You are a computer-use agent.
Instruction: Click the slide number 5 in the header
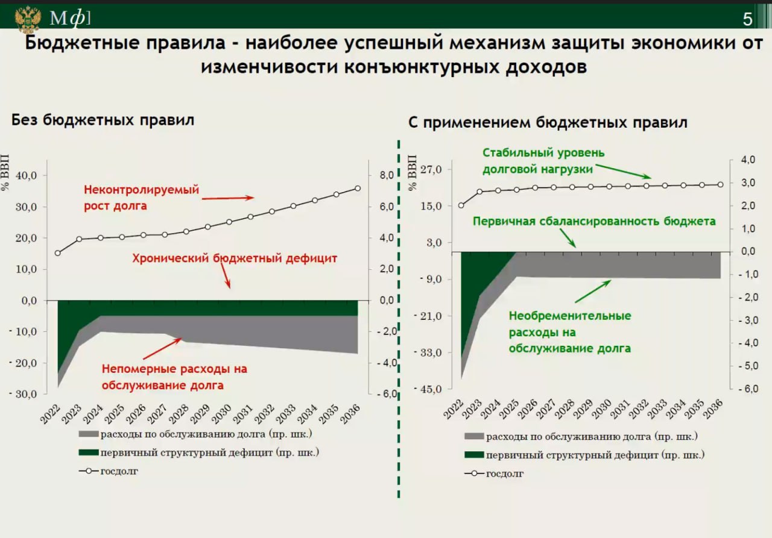click(747, 19)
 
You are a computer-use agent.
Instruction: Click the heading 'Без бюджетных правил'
click(103, 120)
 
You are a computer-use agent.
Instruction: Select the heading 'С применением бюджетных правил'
click(548, 122)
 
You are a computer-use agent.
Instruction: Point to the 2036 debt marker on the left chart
click(358, 189)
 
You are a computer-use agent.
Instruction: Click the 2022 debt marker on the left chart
click(57, 253)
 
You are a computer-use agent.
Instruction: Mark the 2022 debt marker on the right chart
click(461, 205)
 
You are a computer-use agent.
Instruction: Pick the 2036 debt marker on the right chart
click(720, 184)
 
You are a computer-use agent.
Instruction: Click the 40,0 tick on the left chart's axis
click(26, 175)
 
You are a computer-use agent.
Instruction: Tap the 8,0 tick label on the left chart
click(387, 175)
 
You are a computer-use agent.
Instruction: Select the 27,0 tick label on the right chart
click(431, 169)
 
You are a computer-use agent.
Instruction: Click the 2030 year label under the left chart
click(221, 414)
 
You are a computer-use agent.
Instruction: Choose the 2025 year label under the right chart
click(509, 409)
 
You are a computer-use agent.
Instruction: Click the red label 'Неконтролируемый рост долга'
click(141, 198)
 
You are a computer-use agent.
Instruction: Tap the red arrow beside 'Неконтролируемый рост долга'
click(228, 198)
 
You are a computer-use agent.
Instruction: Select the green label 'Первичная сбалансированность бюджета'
click(594, 221)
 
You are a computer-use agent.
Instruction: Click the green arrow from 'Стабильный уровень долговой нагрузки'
click(624, 172)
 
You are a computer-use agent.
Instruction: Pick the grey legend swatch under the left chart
click(89, 434)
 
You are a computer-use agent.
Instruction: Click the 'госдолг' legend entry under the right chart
click(494, 474)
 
